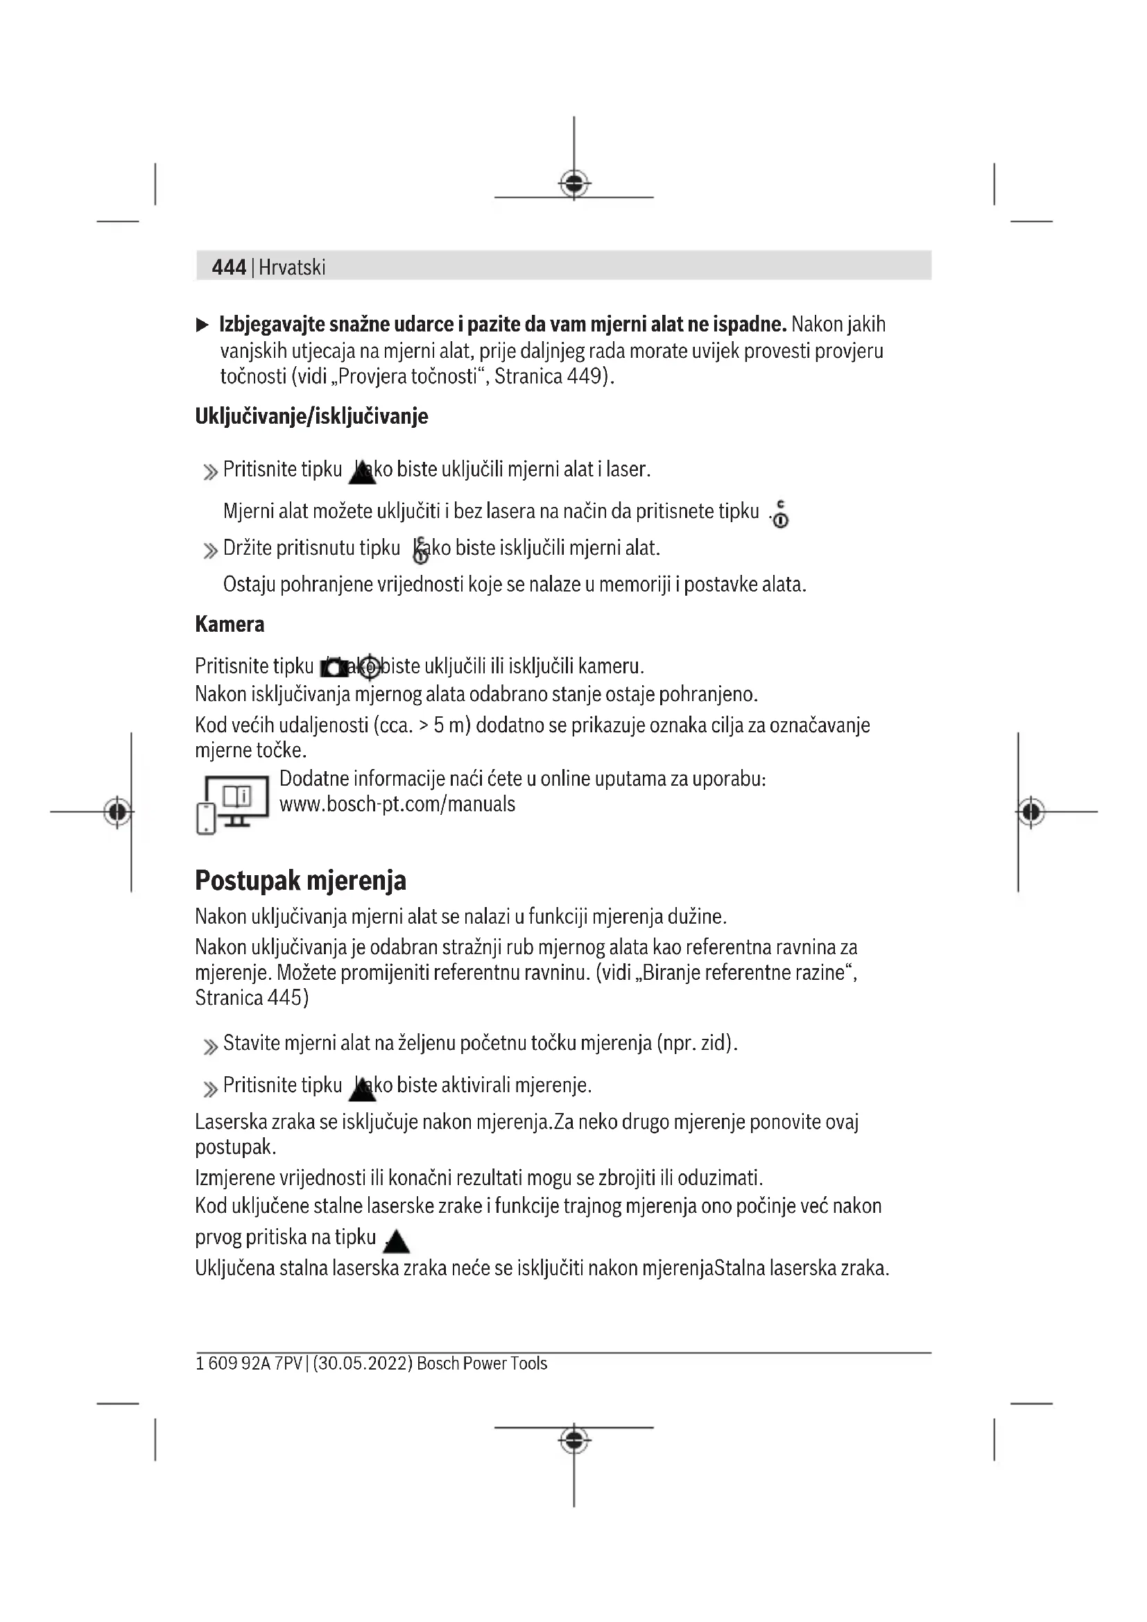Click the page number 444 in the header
pos(229,267)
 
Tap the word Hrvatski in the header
pos(292,267)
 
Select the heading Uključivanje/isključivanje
pos(311,416)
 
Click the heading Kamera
pos(230,624)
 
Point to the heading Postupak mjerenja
pos(300,880)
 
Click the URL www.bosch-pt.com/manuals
pos(397,804)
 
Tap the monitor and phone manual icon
pos(232,804)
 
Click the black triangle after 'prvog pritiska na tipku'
pos(396,1241)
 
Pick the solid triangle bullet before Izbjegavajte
pos(202,325)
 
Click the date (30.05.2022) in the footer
pos(362,1363)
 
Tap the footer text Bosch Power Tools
pos(482,1363)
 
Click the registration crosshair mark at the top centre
pos(574,184)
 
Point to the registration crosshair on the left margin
pos(117,812)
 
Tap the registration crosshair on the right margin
pos(1031,812)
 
